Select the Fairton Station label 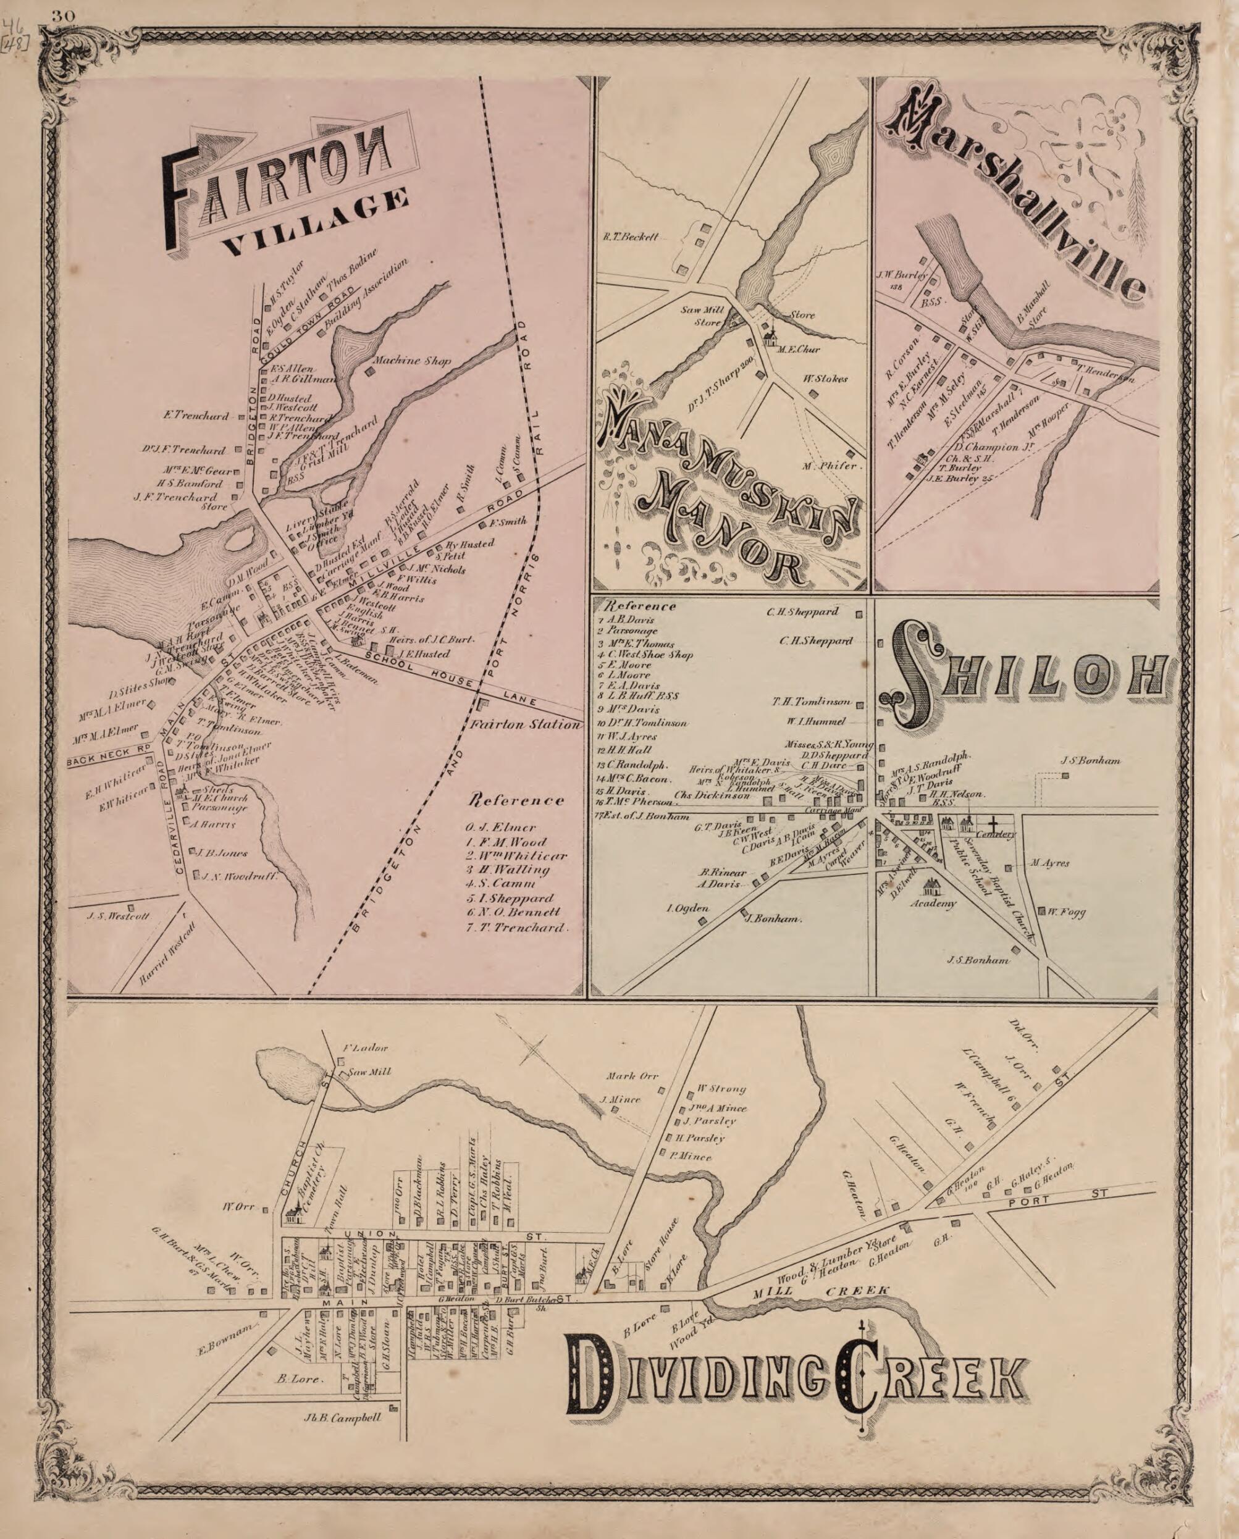(x=524, y=724)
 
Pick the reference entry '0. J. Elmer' (x=499, y=828)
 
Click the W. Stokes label (x=826, y=379)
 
